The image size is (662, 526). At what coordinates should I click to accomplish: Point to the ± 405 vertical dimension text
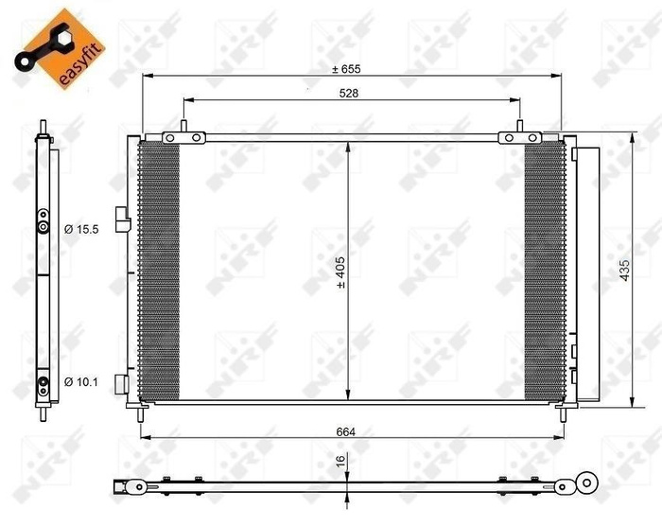[339, 271]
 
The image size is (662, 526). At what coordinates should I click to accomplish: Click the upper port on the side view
[43, 226]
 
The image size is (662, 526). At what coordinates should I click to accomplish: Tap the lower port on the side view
[43, 384]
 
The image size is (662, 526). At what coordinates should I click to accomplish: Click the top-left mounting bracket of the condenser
[183, 138]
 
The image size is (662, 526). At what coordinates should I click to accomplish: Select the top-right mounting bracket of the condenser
[519, 138]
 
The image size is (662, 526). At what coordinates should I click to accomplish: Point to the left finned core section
[159, 271]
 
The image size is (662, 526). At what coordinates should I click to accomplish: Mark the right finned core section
[544, 271]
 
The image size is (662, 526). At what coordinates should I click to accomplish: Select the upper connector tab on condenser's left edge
[120, 217]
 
